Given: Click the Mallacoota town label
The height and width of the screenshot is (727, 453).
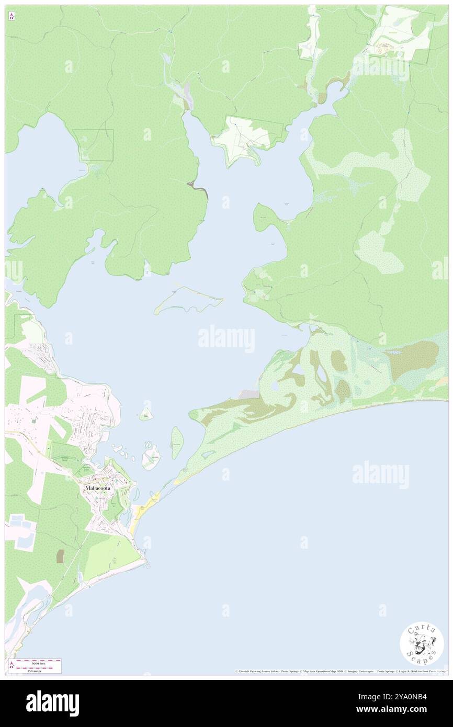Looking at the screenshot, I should (101, 488).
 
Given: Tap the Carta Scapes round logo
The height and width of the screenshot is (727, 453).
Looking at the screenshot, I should (422, 643).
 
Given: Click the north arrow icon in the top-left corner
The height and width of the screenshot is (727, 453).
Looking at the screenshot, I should (12, 17).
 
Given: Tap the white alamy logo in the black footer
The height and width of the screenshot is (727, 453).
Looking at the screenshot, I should (52, 703).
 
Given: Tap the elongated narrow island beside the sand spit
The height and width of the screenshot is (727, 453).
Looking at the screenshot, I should (177, 442).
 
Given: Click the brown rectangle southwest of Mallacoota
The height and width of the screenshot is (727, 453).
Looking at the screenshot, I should (60, 556).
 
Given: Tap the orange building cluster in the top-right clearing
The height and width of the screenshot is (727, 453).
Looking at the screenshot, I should (388, 47).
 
